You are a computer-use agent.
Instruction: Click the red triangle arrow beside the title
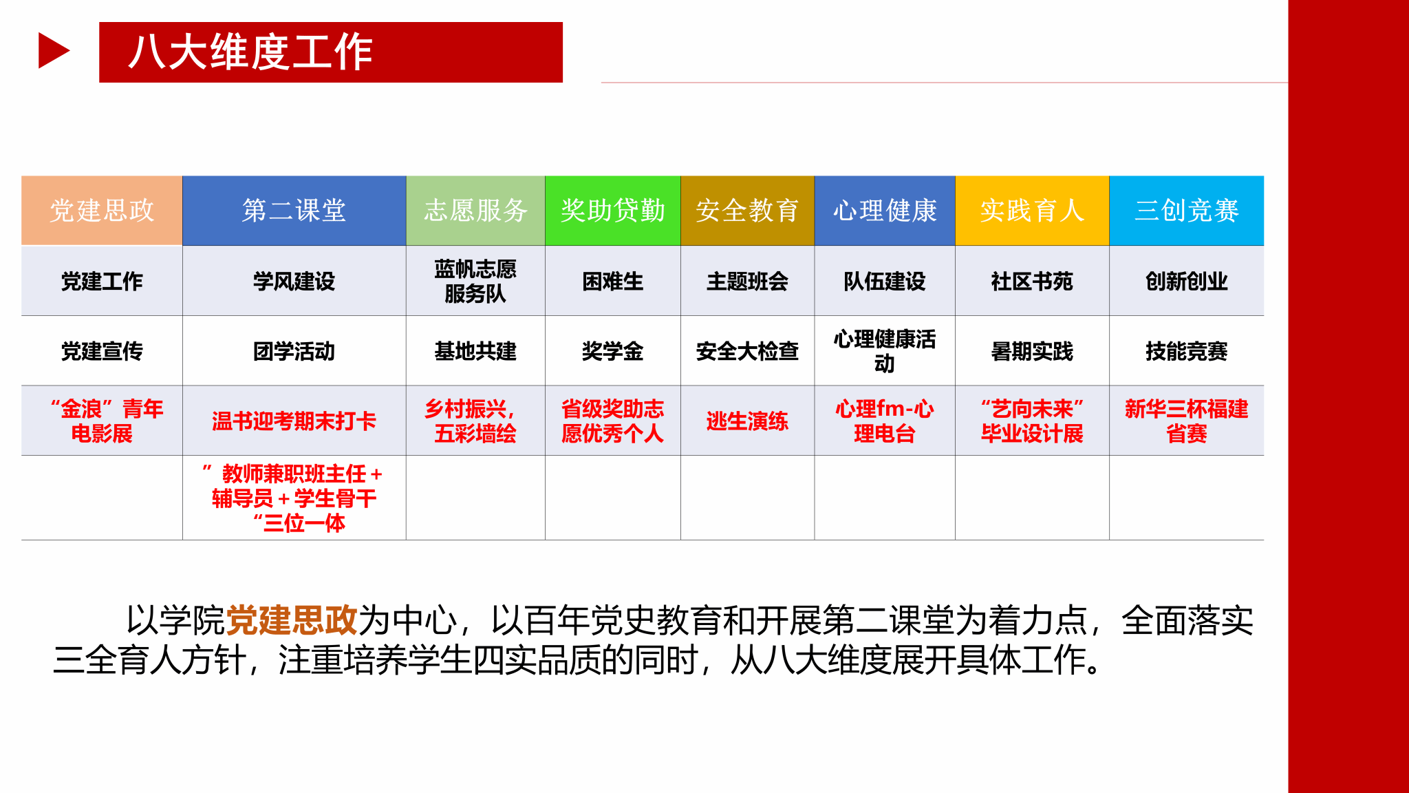pyautogui.click(x=54, y=51)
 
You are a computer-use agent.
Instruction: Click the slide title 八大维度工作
pyautogui.click(x=250, y=52)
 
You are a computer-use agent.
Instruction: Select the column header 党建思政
pyautogui.click(x=102, y=211)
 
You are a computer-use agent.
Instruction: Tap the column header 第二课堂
pyautogui.click(x=294, y=211)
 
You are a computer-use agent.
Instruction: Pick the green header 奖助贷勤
pyautogui.click(x=613, y=211)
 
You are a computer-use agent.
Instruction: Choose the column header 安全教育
pyautogui.click(x=747, y=211)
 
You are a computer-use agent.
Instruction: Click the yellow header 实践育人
pyautogui.click(x=1032, y=211)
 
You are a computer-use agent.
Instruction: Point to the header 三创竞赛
pyautogui.click(x=1187, y=211)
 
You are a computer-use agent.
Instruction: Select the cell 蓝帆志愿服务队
pyautogui.click(x=475, y=281)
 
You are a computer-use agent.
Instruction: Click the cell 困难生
pyautogui.click(x=613, y=281)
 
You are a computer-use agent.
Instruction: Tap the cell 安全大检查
pyautogui.click(x=747, y=351)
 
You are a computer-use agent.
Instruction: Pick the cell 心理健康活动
pyautogui.click(x=885, y=351)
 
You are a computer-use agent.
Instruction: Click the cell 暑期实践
pyautogui.click(x=1032, y=351)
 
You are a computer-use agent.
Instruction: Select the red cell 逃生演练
pyautogui.click(x=747, y=421)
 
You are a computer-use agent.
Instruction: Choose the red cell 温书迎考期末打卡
pyautogui.click(x=294, y=421)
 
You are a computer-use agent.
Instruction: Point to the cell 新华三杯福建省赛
pyautogui.click(x=1187, y=421)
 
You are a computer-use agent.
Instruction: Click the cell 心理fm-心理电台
pyautogui.click(x=885, y=421)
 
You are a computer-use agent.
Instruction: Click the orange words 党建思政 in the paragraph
pyautogui.click(x=292, y=620)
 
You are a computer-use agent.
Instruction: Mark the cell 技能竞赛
pyautogui.click(x=1187, y=351)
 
